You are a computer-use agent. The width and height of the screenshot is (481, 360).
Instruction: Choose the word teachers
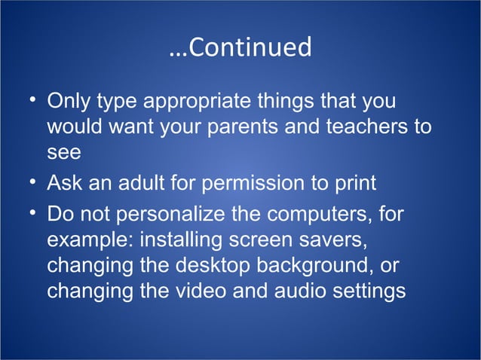(368, 127)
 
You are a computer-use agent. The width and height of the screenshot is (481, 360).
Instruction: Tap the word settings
(367, 292)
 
